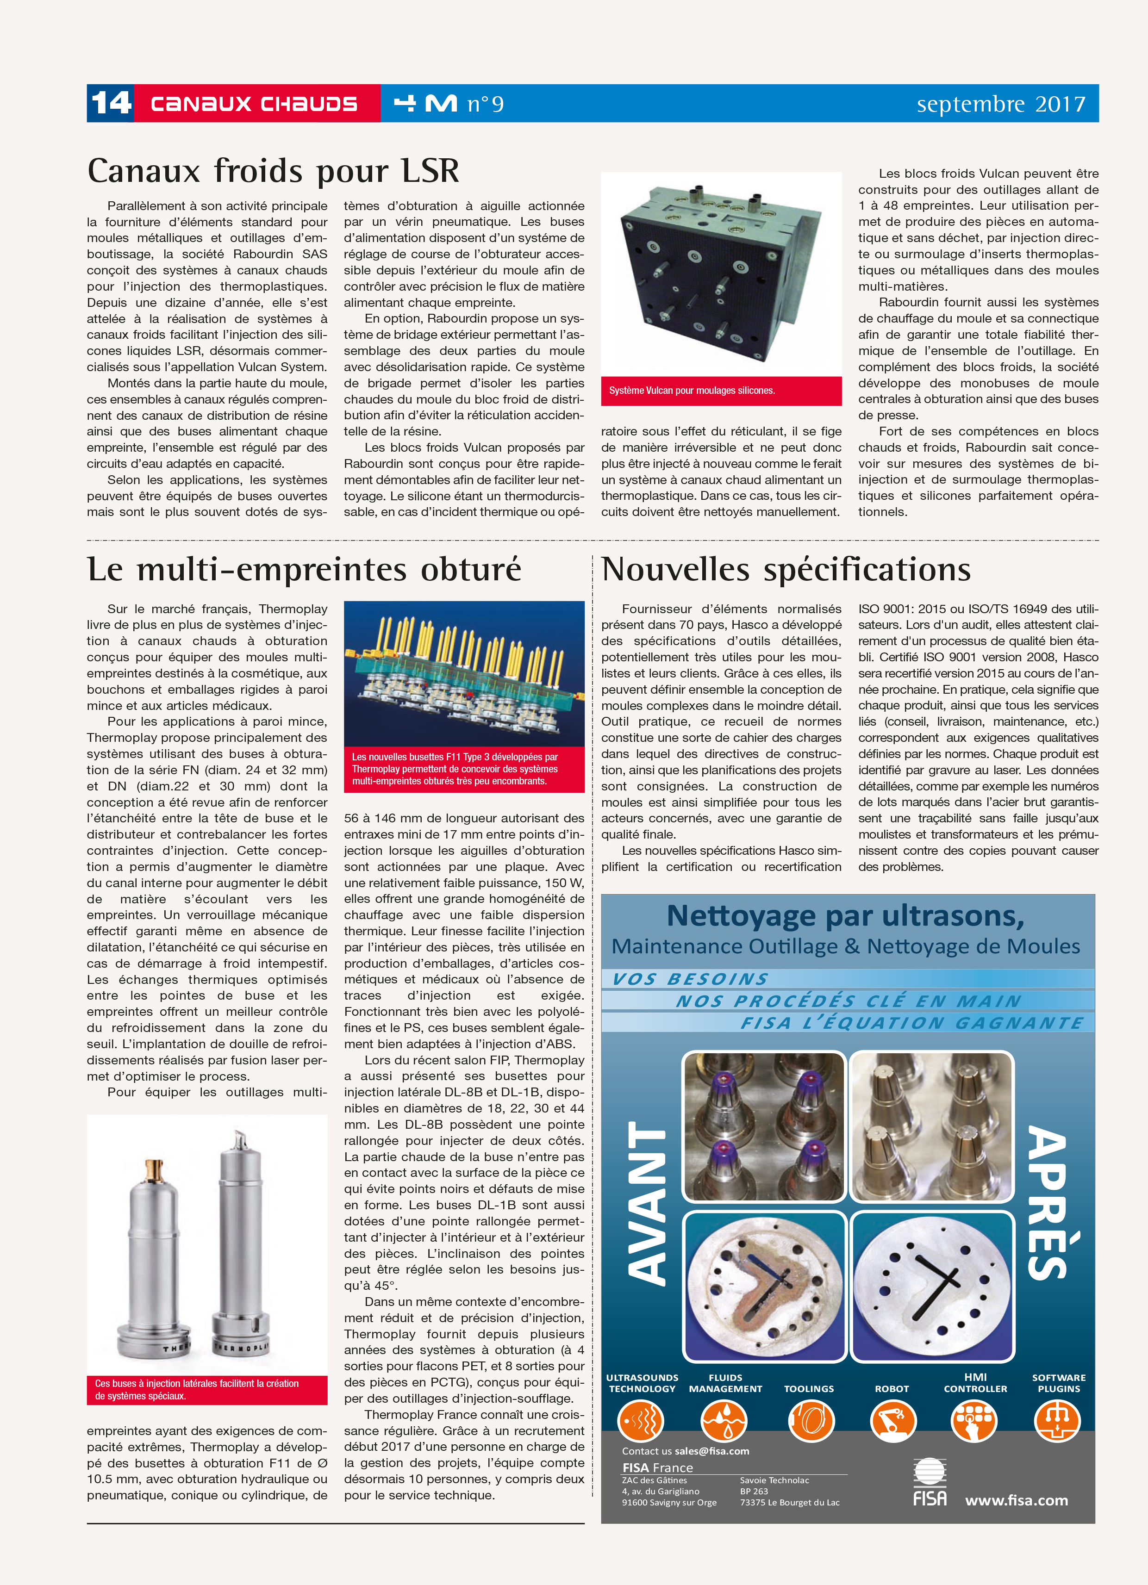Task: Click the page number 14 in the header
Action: point(111,104)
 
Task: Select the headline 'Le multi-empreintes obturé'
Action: point(304,569)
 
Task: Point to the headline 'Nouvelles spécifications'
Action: point(786,569)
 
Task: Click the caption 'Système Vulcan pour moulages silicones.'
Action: point(692,391)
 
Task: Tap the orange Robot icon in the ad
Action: point(892,1421)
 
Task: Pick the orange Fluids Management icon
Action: point(725,1421)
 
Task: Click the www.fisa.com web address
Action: point(1016,1500)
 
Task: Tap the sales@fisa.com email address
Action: point(712,1451)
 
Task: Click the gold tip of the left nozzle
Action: point(154,1169)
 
